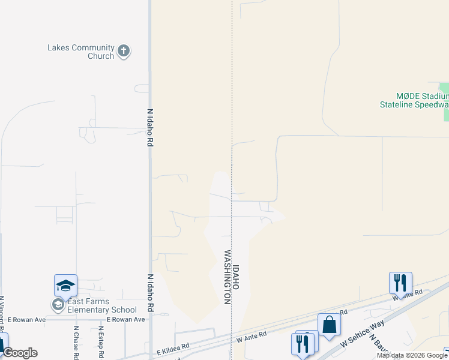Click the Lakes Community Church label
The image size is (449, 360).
(x=81, y=52)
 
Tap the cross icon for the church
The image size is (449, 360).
(x=124, y=51)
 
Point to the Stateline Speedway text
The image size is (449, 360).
(x=414, y=104)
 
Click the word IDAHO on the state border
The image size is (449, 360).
(x=236, y=278)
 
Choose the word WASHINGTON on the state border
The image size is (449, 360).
(x=228, y=277)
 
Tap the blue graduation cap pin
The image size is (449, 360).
(x=65, y=285)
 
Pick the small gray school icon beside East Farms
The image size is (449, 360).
(x=58, y=305)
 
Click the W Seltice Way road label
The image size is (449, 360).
(x=362, y=334)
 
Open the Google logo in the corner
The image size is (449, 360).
(x=20, y=353)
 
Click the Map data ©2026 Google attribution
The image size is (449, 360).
(x=412, y=355)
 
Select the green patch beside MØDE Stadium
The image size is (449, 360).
(x=444, y=88)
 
